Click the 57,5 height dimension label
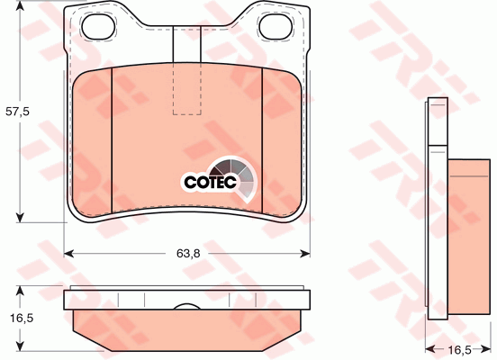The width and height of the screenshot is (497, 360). (x=17, y=112)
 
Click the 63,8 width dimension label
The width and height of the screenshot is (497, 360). (x=188, y=253)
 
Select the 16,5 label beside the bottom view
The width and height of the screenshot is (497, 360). (x=22, y=318)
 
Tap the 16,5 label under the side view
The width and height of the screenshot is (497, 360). (x=459, y=350)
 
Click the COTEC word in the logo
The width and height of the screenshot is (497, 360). (x=210, y=182)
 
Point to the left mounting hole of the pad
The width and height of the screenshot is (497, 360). (x=98, y=27)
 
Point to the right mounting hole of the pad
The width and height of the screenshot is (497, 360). (x=276, y=27)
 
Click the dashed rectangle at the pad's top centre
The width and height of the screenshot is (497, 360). (x=187, y=88)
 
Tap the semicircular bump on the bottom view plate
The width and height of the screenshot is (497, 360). (x=187, y=306)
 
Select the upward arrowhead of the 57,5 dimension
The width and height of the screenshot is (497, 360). (x=20, y=5)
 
